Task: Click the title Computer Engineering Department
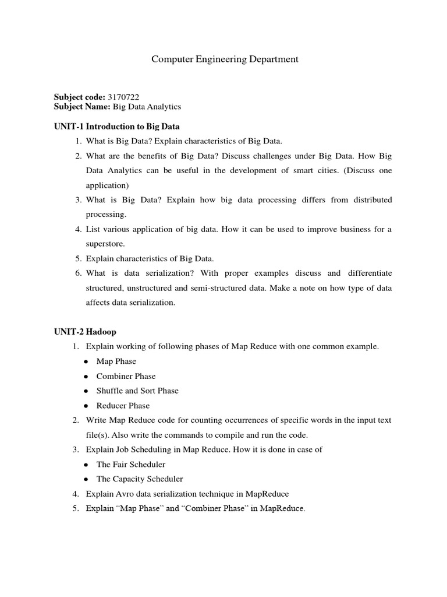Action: pos(225,59)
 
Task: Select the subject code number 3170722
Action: pos(123,96)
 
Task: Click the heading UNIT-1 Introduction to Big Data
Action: pos(116,126)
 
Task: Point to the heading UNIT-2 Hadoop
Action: pos(85,332)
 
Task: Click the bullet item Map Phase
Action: pos(116,361)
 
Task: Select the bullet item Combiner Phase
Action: pos(126,376)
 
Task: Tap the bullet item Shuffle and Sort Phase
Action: pos(137,391)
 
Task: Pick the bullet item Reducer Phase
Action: pos(123,405)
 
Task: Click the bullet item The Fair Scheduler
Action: pos(131,464)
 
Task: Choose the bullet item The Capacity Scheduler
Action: pos(140,479)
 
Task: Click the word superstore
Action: pos(105,244)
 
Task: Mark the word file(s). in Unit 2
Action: pos(99,434)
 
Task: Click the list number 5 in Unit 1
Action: pos(77,258)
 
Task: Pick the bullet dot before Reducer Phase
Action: pos(86,406)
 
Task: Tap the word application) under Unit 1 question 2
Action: pos(107,185)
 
